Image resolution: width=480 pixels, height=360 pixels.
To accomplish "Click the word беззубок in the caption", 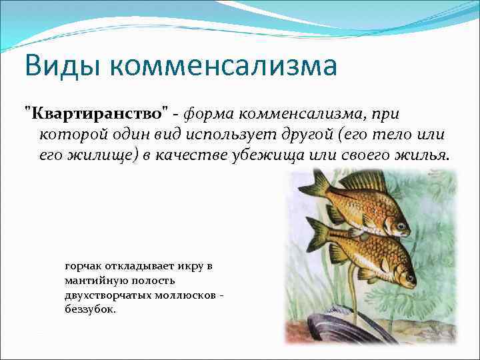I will coord(89,310).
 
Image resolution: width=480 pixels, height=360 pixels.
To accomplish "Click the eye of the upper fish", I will coord(402,227).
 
